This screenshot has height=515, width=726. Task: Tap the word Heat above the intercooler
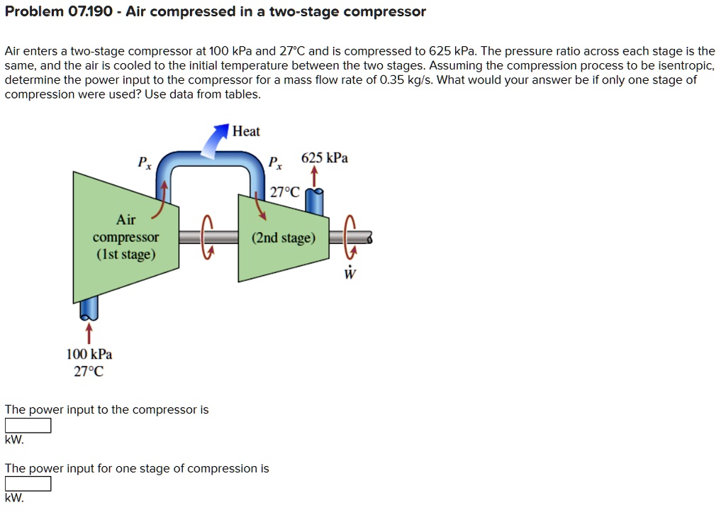coord(246,131)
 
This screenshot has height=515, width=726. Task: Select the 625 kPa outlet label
coord(325,157)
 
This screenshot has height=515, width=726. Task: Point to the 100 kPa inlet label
coord(89,354)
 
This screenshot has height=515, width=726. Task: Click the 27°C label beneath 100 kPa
coord(89,371)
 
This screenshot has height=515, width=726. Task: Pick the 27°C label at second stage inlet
coord(285,192)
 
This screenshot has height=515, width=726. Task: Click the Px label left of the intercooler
coord(144,162)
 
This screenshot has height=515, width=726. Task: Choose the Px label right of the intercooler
coord(274,162)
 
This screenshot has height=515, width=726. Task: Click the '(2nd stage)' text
coord(284,238)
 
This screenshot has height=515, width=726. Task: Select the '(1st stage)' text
coord(126,254)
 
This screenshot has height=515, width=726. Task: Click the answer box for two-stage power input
coord(28,426)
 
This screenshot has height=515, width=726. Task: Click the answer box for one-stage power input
coord(28,484)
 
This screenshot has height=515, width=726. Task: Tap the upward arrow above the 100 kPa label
coord(89,332)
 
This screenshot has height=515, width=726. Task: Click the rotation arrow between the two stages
coord(207,238)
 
